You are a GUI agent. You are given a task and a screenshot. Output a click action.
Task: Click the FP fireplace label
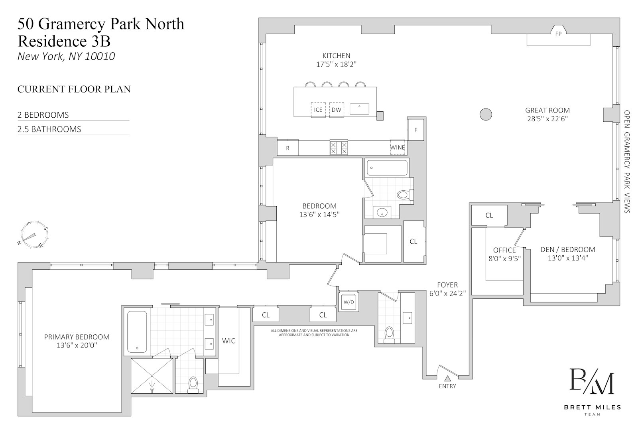pyautogui.click(x=558, y=34)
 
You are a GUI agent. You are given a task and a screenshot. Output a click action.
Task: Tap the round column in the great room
pyautogui.click(x=486, y=114)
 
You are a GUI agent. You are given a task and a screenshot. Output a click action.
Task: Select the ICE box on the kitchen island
pyautogui.click(x=318, y=110)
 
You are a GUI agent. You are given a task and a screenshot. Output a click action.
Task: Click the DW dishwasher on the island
pyautogui.click(x=337, y=110)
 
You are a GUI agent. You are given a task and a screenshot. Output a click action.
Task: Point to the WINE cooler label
pyautogui.click(x=397, y=147)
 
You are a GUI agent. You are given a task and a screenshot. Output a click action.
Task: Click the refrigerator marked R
pyautogui.click(x=287, y=148)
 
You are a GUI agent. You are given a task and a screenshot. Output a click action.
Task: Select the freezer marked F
pyautogui.click(x=415, y=130)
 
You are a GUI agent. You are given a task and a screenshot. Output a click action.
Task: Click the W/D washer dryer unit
pyautogui.click(x=349, y=302)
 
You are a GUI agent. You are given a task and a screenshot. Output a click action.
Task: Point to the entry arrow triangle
pyautogui.click(x=448, y=379)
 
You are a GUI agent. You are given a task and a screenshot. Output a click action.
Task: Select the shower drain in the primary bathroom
pyautogui.click(x=152, y=389)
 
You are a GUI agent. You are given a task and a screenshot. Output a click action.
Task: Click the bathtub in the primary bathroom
pyautogui.click(x=137, y=332)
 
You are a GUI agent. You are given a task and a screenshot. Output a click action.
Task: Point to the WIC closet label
pyautogui.click(x=228, y=341)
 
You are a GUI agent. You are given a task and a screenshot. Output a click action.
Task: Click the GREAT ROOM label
pyautogui.click(x=547, y=110)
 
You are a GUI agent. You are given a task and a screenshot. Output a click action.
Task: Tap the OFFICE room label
pyautogui.click(x=504, y=250)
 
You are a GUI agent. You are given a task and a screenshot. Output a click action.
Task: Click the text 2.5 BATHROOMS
pyautogui.click(x=49, y=129)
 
